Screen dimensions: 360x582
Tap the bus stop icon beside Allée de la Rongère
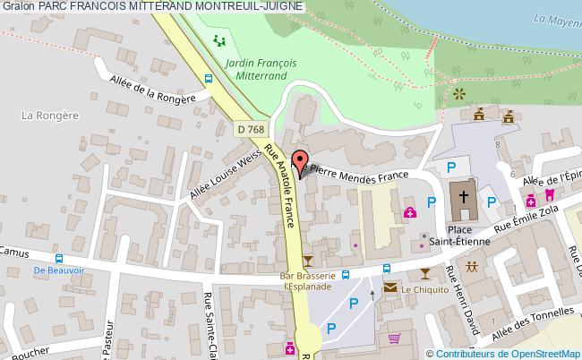(208, 79)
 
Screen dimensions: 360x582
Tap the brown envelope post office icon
(390, 288)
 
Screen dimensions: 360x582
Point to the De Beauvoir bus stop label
(51, 270)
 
